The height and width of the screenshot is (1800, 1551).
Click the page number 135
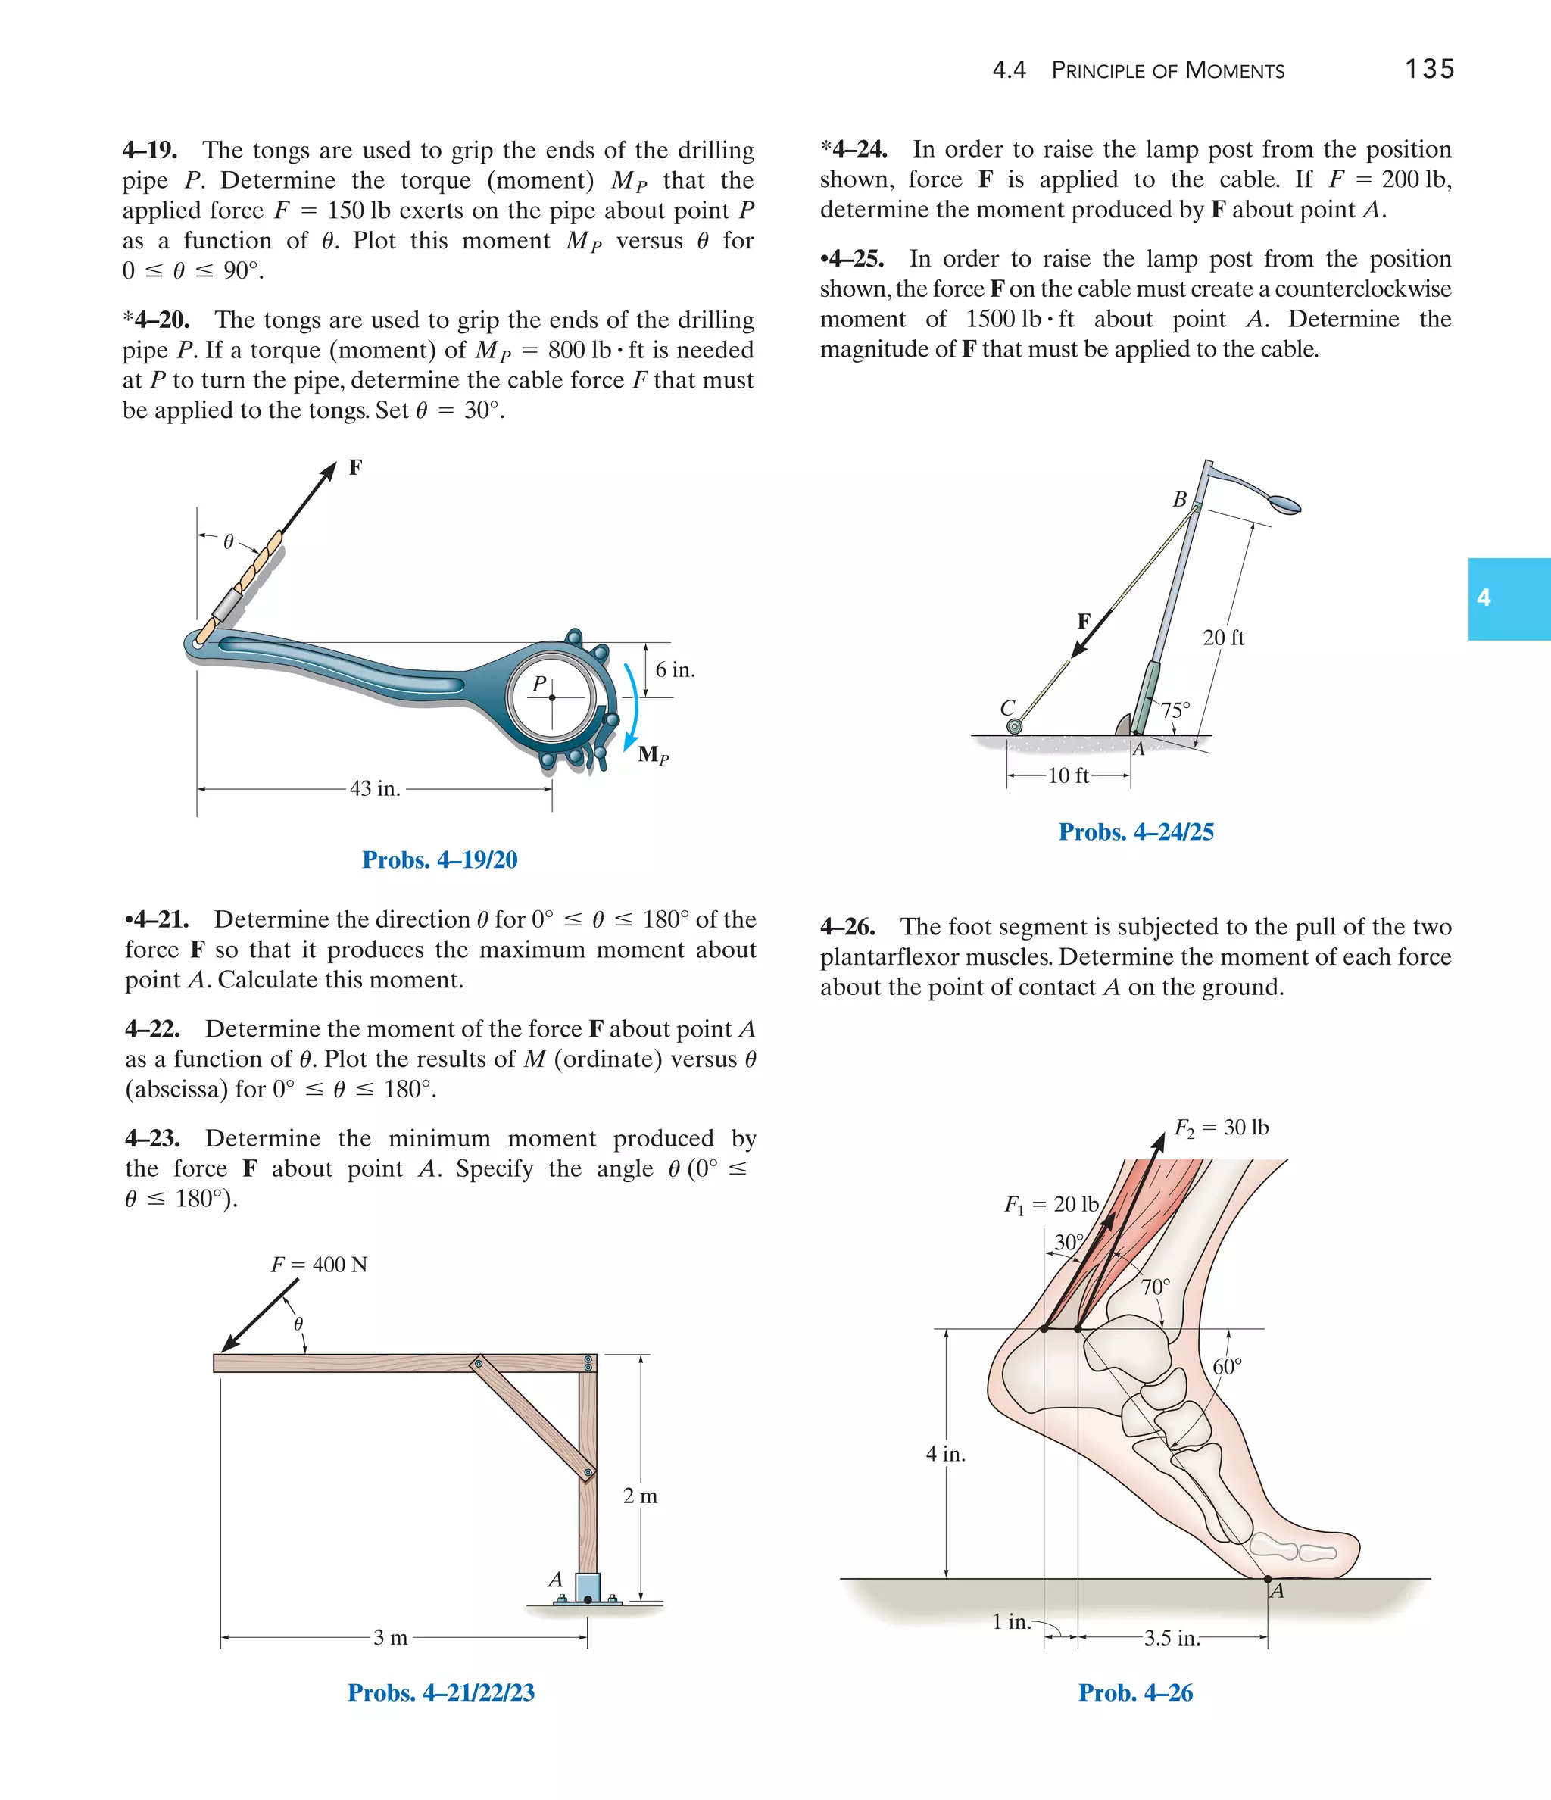pyautogui.click(x=1429, y=69)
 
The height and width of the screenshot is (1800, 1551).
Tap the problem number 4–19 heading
pyautogui.click(x=150, y=150)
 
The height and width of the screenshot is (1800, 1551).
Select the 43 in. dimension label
pyautogui.click(x=375, y=789)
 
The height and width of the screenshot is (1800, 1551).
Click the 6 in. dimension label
pyautogui.click(x=675, y=669)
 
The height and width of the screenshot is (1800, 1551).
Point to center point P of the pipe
pyautogui.click(x=552, y=697)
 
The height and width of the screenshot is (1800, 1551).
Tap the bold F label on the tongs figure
pyautogui.click(x=355, y=467)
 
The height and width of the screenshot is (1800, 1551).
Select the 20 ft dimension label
pyautogui.click(x=1223, y=638)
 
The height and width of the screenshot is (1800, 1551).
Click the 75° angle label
pyautogui.click(x=1175, y=710)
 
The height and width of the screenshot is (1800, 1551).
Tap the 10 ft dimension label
pyautogui.click(x=1068, y=775)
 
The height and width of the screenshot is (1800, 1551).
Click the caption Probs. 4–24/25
pyautogui.click(x=1136, y=831)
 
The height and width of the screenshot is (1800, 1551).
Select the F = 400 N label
pyautogui.click(x=319, y=1264)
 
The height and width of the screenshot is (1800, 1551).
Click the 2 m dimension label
pyautogui.click(x=641, y=1496)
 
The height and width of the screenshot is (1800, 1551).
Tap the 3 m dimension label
pyautogui.click(x=390, y=1637)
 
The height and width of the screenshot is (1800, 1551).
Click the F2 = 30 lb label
pyautogui.click(x=1221, y=1128)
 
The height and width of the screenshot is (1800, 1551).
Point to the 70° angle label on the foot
pyautogui.click(x=1156, y=1287)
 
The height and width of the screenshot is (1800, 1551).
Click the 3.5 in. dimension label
pyautogui.click(x=1172, y=1639)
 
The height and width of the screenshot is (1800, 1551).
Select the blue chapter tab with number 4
pyautogui.click(x=1509, y=598)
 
